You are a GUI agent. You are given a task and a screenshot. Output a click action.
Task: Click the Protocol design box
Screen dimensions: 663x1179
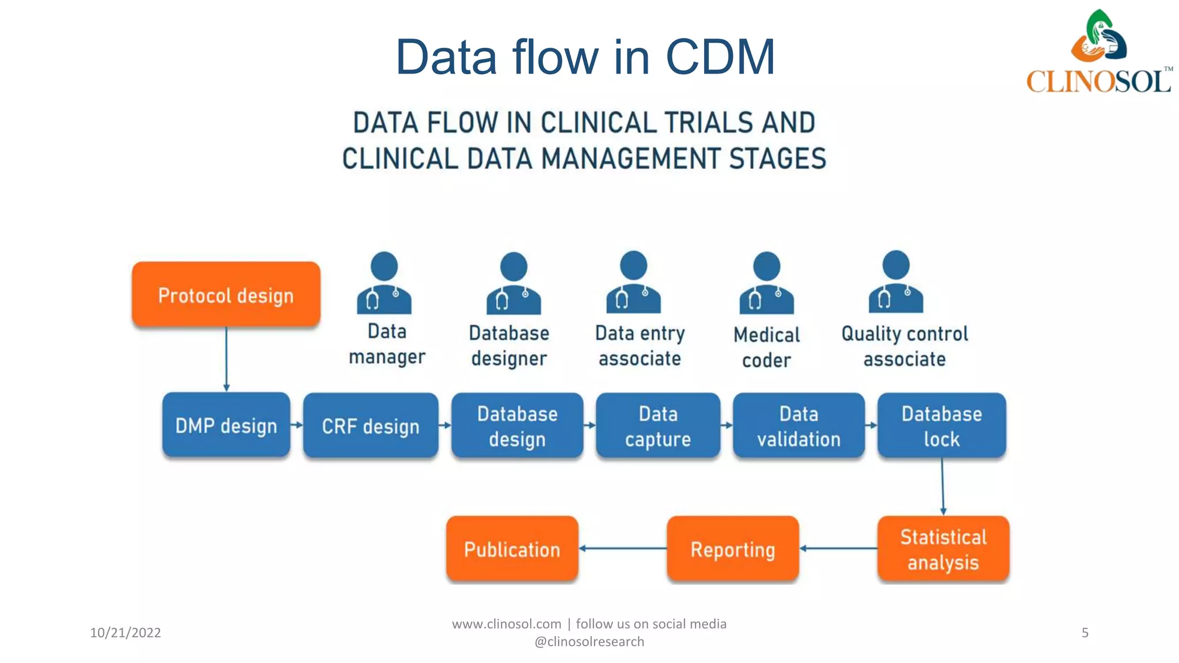226,295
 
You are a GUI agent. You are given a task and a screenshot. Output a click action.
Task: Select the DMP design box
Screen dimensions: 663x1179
226,425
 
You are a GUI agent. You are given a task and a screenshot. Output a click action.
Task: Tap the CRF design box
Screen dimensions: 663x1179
370,426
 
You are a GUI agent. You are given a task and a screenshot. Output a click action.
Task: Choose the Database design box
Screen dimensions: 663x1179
517,426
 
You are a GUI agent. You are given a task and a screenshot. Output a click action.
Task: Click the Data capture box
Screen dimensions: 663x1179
658,426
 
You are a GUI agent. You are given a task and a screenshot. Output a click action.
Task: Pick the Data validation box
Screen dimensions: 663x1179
798,426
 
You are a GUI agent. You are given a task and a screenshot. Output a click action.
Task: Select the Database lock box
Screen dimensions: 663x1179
941,426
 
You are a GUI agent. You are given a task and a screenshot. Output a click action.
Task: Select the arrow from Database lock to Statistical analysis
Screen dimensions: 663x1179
942,486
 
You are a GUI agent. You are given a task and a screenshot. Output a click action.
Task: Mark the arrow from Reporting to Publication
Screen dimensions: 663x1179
622,548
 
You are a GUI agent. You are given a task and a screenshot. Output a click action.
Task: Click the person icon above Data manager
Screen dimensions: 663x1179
384,283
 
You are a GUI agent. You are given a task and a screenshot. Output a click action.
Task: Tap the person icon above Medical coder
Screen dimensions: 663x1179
766,283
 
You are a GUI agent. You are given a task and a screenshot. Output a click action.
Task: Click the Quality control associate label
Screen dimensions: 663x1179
904,346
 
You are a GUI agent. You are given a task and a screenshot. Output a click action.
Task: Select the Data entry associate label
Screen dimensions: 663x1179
640,345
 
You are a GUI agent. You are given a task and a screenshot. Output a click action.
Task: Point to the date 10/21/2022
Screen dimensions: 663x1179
125,632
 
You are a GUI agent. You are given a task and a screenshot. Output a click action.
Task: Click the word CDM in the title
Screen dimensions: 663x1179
720,57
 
